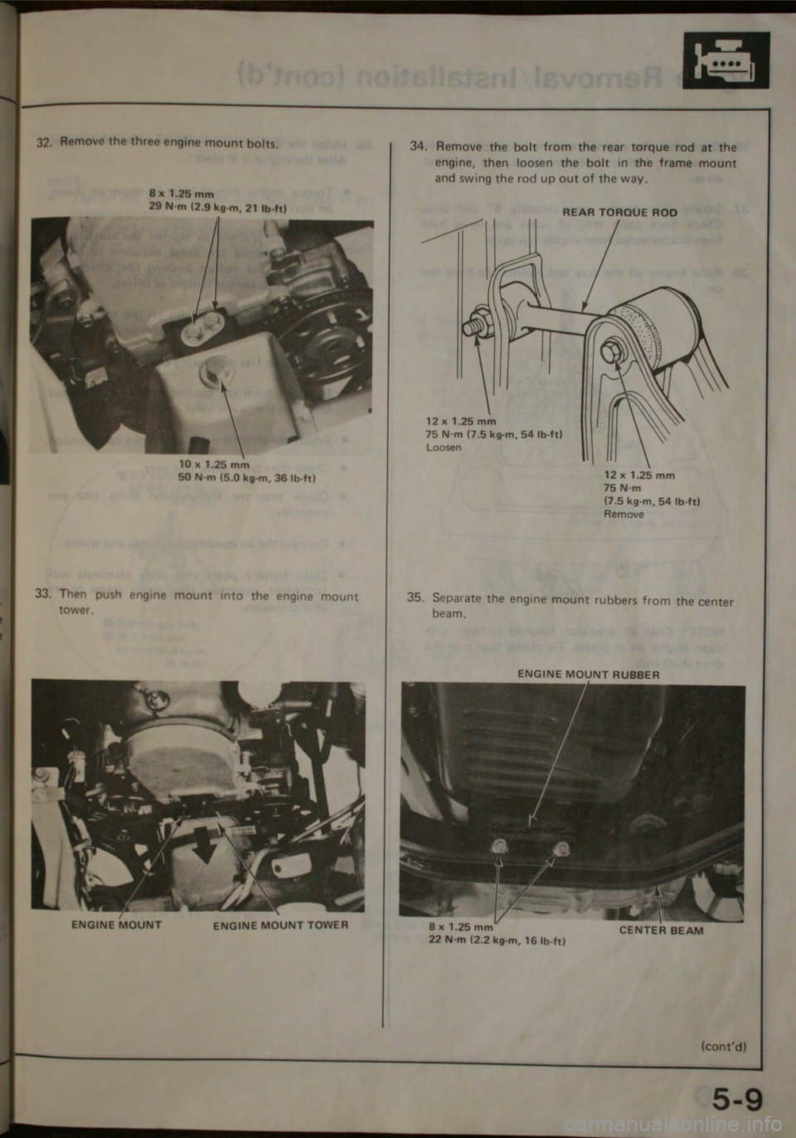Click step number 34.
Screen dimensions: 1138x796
click(x=418, y=147)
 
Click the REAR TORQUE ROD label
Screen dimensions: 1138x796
click(x=619, y=212)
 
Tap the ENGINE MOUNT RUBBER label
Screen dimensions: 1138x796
click(x=589, y=675)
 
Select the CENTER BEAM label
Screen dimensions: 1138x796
click(x=661, y=930)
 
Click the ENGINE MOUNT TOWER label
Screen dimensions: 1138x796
click(x=280, y=925)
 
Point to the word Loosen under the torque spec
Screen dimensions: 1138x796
click(x=444, y=447)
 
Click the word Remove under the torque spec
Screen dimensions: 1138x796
click(x=624, y=514)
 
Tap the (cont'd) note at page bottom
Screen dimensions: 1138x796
click(x=723, y=1045)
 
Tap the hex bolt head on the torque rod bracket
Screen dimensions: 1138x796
click(x=612, y=351)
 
